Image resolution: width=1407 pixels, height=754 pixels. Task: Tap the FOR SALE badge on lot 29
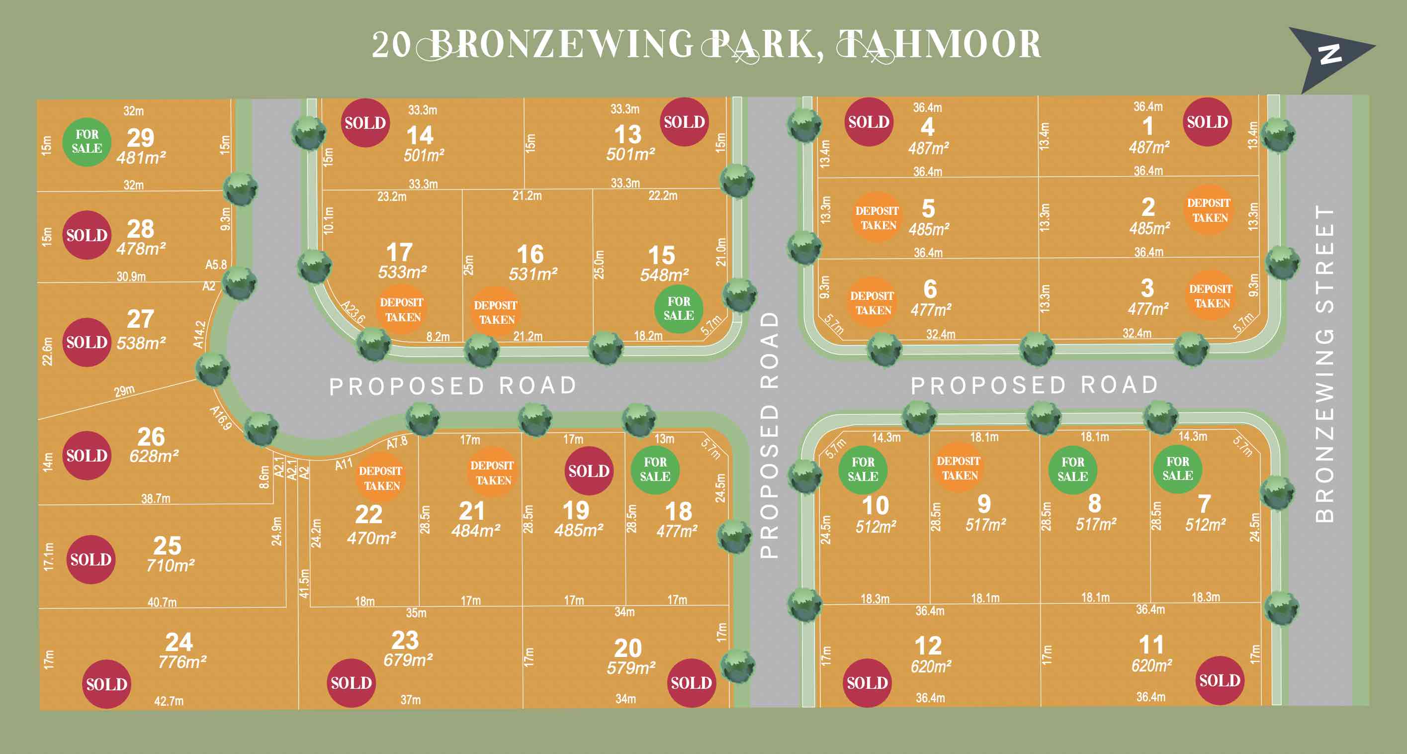click(x=87, y=142)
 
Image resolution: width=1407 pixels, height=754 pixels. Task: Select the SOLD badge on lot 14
click(x=365, y=123)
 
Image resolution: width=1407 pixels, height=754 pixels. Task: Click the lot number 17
click(x=399, y=253)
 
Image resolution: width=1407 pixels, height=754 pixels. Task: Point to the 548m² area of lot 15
click(x=664, y=275)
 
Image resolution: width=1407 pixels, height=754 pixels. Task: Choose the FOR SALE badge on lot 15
click(x=679, y=309)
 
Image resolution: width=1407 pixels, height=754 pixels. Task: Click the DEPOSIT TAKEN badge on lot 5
click(x=877, y=217)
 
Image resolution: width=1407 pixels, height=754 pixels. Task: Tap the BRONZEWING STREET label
click(x=1325, y=364)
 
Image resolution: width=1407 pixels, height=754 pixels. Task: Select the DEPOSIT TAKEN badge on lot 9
click(x=959, y=468)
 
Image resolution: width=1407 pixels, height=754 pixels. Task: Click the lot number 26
click(x=151, y=437)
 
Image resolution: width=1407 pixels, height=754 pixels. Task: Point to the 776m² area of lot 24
click(x=182, y=662)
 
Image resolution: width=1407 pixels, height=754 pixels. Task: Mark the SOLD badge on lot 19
click(x=588, y=471)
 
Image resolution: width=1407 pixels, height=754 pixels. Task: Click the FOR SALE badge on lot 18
click(x=655, y=470)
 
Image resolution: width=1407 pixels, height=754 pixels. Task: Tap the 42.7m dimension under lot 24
click(x=169, y=701)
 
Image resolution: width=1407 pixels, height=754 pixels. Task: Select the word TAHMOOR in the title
click(x=938, y=45)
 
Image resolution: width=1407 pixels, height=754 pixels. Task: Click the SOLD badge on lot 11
click(x=1220, y=680)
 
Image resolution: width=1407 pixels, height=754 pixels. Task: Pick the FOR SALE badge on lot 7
click(x=1178, y=469)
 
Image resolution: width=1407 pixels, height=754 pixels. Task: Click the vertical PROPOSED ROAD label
click(x=769, y=434)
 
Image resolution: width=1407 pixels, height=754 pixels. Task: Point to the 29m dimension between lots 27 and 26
click(x=124, y=390)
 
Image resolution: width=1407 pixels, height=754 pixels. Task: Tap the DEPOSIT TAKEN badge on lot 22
click(x=381, y=477)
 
